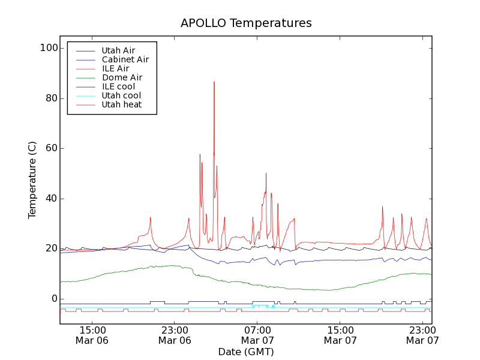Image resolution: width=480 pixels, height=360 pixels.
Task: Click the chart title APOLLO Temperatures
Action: tap(246, 23)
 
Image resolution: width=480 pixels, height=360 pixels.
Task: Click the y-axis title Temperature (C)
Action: tap(32, 180)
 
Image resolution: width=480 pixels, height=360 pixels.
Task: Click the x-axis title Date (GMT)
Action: tap(246, 352)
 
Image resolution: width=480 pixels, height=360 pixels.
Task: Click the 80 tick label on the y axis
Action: tap(52, 98)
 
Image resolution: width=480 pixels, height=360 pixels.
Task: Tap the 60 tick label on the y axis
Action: tap(52, 148)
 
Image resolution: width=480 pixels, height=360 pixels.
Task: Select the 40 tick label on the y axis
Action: tap(52, 199)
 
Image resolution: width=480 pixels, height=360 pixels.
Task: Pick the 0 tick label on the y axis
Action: tap(55, 299)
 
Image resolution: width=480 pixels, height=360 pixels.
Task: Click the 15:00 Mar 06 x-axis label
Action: tap(92, 335)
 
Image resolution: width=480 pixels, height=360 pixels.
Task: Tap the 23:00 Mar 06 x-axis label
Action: tap(175, 335)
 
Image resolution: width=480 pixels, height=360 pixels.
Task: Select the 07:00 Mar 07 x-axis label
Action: tap(257, 335)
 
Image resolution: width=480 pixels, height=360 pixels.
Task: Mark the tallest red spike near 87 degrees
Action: tap(214, 82)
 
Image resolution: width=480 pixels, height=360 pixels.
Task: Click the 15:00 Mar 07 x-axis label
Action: tap(340, 335)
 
